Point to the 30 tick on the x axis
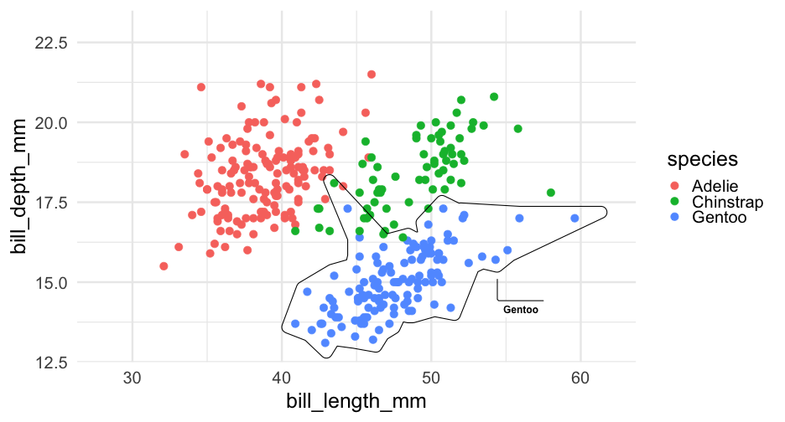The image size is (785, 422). click(x=133, y=376)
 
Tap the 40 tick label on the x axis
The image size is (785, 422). click(x=282, y=376)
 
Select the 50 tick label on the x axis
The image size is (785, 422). click(x=431, y=376)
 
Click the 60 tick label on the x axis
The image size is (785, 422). click(x=580, y=376)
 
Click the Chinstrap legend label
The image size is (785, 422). click(x=727, y=202)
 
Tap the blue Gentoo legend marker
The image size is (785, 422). click(x=676, y=218)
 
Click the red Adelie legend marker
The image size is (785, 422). click(x=676, y=185)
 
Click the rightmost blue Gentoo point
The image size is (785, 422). click(x=574, y=219)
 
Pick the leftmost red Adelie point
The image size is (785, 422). click(x=164, y=266)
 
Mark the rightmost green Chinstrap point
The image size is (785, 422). click(x=551, y=193)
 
